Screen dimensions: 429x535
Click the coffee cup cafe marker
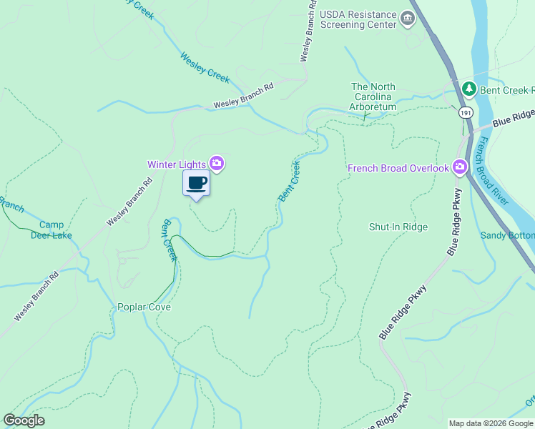pos(197,183)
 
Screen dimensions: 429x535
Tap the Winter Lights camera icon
pos(217,164)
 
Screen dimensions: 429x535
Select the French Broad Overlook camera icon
pos(459,168)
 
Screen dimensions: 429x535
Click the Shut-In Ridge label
pos(398,227)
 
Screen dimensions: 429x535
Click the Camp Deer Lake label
pos(51,230)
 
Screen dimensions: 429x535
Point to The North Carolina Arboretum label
pos(373,97)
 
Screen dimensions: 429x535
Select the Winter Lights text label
pos(177,164)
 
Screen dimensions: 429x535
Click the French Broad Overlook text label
pos(398,168)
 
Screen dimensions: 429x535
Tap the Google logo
pos(24,420)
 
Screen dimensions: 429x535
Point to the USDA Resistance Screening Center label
pos(358,19)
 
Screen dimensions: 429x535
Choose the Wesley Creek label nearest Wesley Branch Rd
pos(205,65)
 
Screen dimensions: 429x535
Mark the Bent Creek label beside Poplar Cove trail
pos(170,240)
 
